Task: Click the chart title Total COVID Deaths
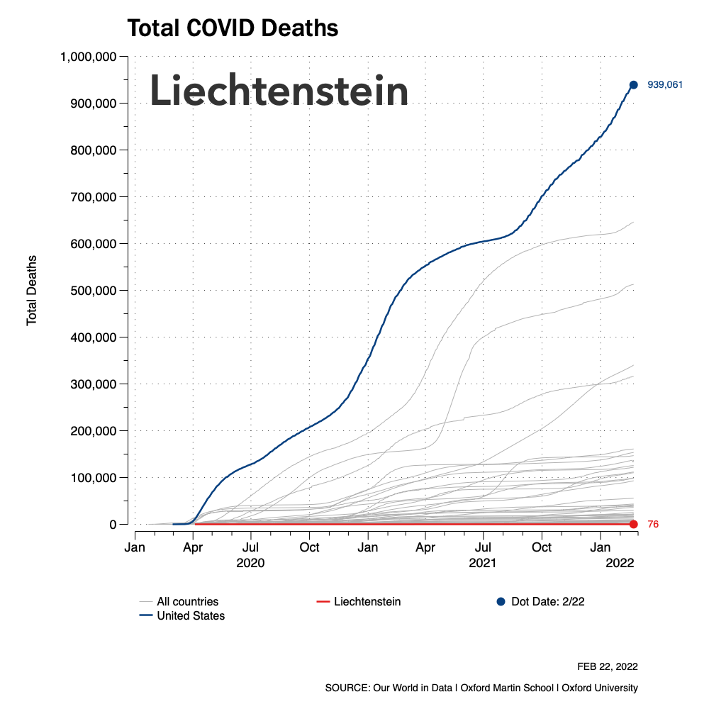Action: point(232,28)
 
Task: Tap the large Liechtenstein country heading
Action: point(279,91)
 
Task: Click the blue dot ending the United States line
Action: point(634,85)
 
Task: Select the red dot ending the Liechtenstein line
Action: point(634,524)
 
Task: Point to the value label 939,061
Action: point(665,85)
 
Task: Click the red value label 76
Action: point(654,525)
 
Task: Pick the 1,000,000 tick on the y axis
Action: point(89,57)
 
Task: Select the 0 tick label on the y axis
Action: point(113,525)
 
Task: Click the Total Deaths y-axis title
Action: point(32,291)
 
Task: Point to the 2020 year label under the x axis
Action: point(250,563)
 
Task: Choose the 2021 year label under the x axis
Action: point(484,563)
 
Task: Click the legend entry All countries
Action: point(187,602)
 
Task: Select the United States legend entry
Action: point(190,615)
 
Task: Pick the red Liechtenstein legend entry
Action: point(367,602)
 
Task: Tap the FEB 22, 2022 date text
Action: point(608,667)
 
